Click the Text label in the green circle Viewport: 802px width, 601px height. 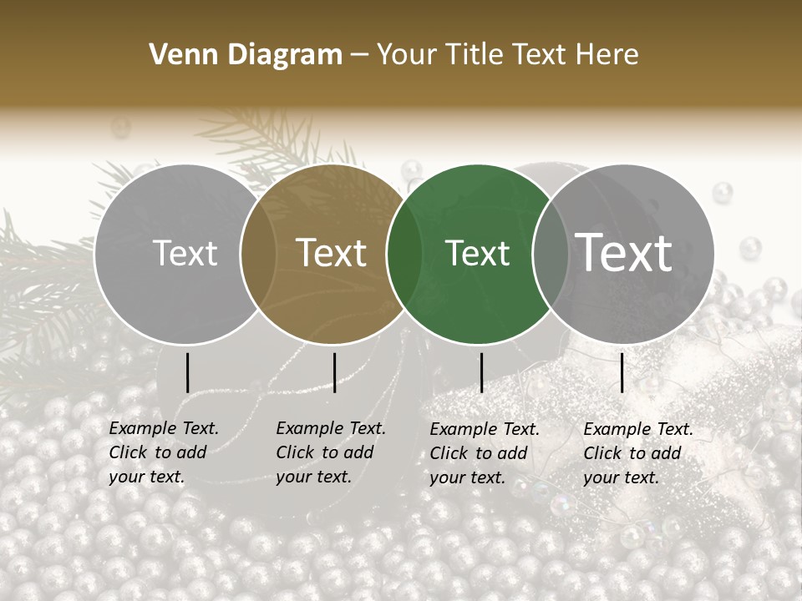477,253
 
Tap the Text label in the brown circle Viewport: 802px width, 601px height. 332,253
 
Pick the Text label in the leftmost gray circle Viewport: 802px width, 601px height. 185,253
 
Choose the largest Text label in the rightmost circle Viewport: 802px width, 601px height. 624,252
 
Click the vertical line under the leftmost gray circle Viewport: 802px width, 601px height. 187,372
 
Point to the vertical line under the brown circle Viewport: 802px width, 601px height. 334,372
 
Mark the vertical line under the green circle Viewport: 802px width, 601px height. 481,372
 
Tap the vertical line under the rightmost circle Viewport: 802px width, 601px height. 622,372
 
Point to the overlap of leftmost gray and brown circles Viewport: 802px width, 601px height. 258,254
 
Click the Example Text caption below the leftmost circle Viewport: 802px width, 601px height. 163,452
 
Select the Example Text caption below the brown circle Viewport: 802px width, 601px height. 330,452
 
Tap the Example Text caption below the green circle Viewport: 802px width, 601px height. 484,453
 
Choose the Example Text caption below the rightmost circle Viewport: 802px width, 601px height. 637,453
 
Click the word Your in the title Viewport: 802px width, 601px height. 407,54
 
